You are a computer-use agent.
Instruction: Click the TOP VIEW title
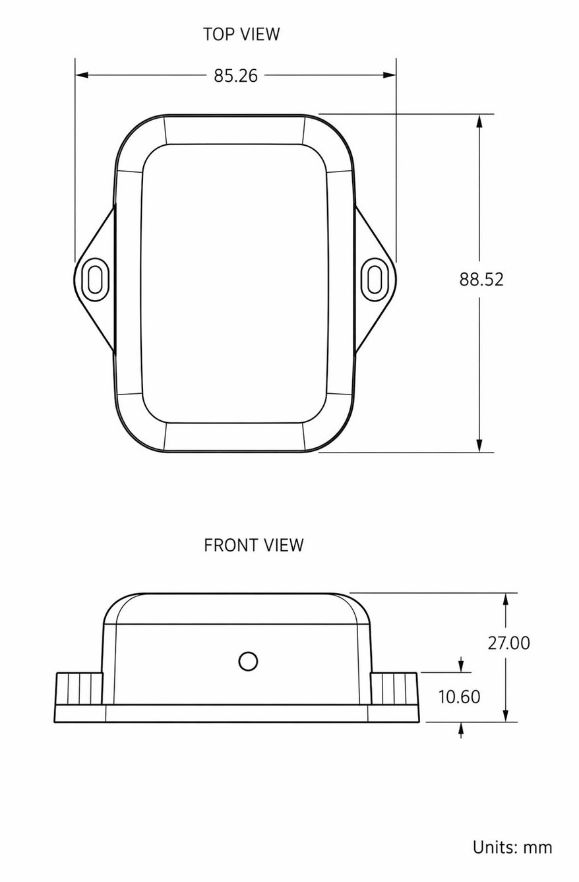click(241, 34)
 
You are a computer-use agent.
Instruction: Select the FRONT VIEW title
click(253, 546)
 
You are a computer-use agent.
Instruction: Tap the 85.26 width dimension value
click(236, 76)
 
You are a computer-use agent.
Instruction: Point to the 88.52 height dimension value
click(481, 279)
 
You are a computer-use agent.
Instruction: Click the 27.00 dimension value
click(508, 643)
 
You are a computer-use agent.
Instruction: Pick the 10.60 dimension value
click(459, 697)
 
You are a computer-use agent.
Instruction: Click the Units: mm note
click(512, 847)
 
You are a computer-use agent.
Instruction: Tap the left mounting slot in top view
click(95, 280)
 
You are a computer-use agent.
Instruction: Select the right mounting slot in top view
click(375, 280)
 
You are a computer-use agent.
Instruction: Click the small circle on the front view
click(248, 662)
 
